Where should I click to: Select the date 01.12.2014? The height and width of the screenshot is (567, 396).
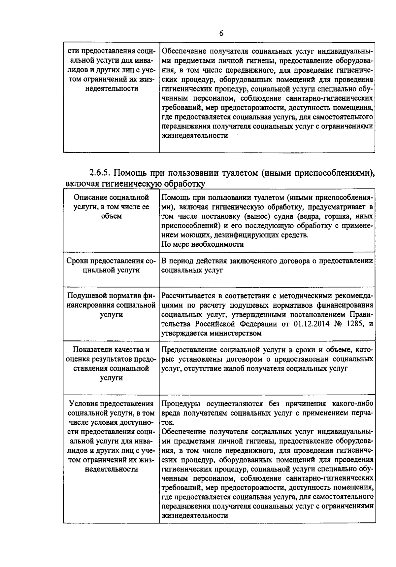pyautogui.click(x=312, y=324)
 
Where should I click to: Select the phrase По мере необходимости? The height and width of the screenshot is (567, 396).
pyautogui.click(x=203, y=244)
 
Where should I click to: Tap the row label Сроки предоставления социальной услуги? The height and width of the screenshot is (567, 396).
pyautogui.click(x=111, y=266)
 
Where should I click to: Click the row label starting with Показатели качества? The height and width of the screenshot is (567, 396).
pyautogui.click(x=111, y=364)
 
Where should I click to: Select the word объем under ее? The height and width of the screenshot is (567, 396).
pyautogui.click(x=112, y=216)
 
